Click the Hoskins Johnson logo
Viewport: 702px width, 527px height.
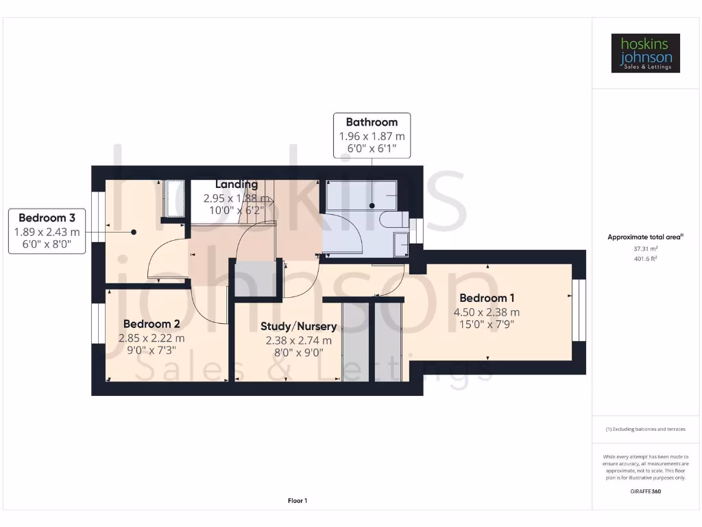(x=645, y=54)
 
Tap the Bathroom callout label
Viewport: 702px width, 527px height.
(x=372, y=136)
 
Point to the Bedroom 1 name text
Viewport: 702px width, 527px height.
(x=487, y=298)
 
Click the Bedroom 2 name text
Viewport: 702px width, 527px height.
(x=152, y=324)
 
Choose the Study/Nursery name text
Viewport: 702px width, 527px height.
(x=298, y=327)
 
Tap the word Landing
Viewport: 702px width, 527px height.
(x=237, y=185)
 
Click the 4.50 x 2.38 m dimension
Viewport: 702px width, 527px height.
(x=487, y=312)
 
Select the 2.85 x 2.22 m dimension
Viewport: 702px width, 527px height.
(x=152, y=338)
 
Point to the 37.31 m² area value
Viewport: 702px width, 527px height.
(x=645, y=249)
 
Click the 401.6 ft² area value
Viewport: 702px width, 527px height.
(x=645, y=259)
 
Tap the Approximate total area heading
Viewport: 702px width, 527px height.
(x=645, y=237)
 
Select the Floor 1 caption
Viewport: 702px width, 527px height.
(x=297, y=501)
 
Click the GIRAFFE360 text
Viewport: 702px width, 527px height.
(x=645, y=491)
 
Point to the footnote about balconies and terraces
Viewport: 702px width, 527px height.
(x=645, y=429)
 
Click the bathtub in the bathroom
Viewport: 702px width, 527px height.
(x=359, y=196)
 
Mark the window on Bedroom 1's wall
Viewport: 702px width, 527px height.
(x=580, y=310)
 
